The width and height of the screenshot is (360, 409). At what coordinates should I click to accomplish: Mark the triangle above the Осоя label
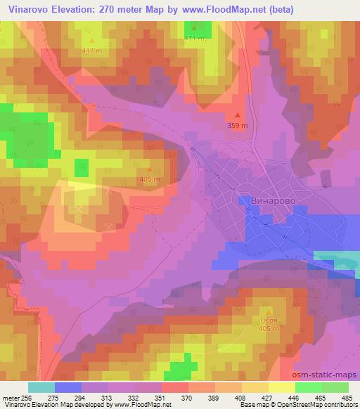(x=267, y=309)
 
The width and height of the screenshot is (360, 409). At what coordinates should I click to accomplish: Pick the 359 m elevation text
(x=238, y=126)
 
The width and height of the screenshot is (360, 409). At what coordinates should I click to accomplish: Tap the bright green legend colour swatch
(x=309, y=387)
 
